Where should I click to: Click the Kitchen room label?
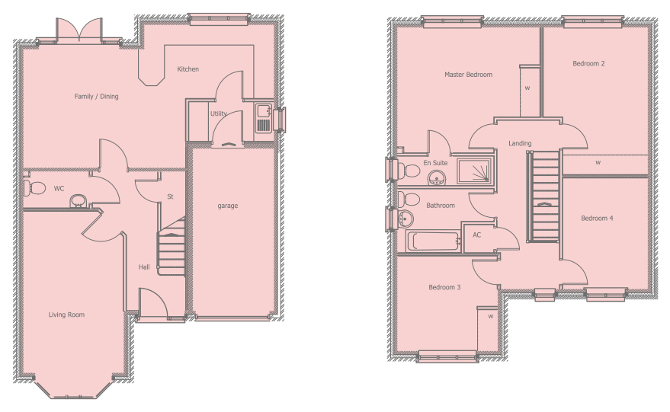pyautogui.click(x=188, y=69)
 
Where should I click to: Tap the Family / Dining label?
pyautogui.click(x=96, y=97)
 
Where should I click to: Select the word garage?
pyautogui.click(x=228, y=206)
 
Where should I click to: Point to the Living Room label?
pyautogui.click(x=66, y=315)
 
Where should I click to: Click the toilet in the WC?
pyautogui.click(x=34, y=188)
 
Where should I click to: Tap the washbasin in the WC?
pyautogui.click(x=78, y=201)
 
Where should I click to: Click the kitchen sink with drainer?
pyautogui.click(x=264, y=117)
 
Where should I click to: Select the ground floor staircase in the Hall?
pyautogui.click(x=172, y=247)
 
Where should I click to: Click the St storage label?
pyautogui.click(x=170, y=196)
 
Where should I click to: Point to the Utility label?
pyautogui.click(x=218, y=113)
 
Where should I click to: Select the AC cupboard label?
pyautogui.click(x=477, y=235)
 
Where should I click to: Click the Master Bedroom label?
pyautogui.click(x=468, y=75)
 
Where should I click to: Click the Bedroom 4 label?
pyautogui.click(x=597, y=218)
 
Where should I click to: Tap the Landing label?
pyautogui.click(x=520, y=143)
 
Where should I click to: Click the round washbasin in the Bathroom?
pyautogui.click(x=405, y=219)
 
